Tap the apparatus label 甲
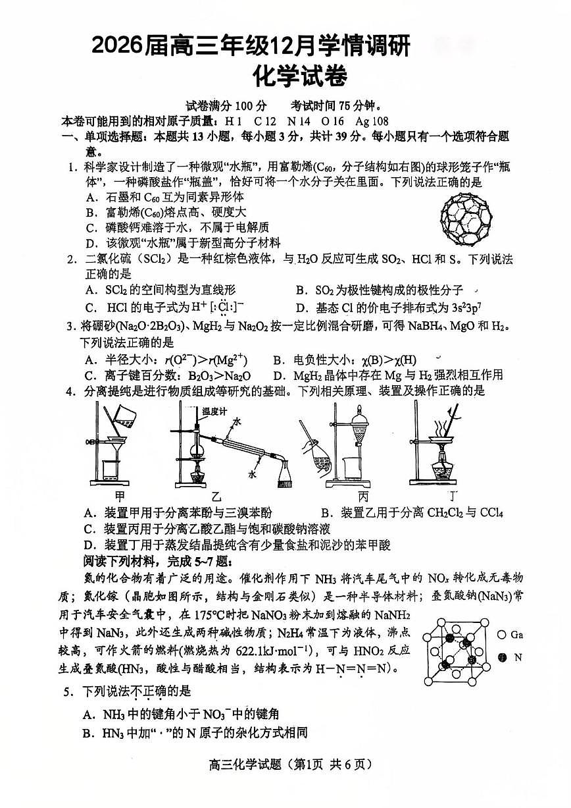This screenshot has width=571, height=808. tap(120, 495)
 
